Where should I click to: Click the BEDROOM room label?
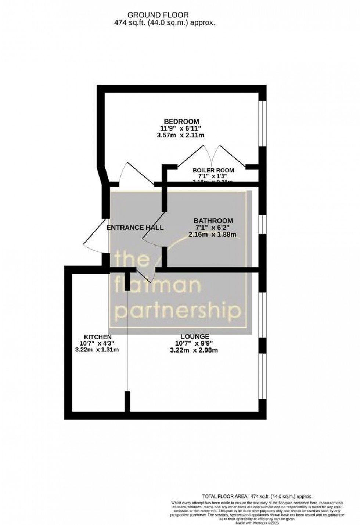point(181,121)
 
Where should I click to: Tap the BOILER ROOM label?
point(213,170)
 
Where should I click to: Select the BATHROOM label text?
point(213,221)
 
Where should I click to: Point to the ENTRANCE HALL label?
point(135,228)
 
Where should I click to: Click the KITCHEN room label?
point(98,337)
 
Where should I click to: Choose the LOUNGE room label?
point(195,336)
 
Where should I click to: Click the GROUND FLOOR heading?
point(158,15)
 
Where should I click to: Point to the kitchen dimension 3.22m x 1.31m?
point(97,350)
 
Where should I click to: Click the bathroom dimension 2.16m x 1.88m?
point(212,234)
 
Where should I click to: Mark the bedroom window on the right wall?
point(262,124)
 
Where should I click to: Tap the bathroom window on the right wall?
point(262,224)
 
